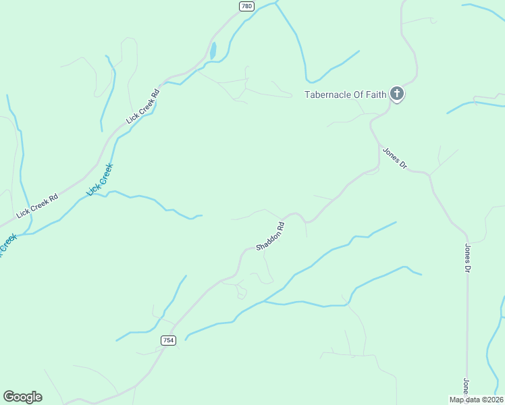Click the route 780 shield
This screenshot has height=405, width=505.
tap(246, 6)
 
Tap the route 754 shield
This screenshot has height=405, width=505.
tap(169, 340)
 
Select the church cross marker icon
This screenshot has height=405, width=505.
tap(398, 94)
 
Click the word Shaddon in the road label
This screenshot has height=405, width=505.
tap(267, 240)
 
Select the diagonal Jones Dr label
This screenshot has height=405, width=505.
tap(395, 158)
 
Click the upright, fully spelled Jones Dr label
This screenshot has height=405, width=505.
tap(467, 259)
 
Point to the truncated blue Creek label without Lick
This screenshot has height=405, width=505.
tap(7, 244)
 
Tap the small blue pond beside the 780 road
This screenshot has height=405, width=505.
tap(213, 51)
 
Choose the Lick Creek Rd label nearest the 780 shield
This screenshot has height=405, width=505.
tap(143, 106)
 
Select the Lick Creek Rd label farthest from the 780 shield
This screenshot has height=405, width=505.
tap(38, 206)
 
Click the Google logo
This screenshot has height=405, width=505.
tap(22, 397)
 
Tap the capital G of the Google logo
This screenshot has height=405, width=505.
tap(9, 396)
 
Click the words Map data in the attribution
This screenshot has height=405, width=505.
tap(464, 400)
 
